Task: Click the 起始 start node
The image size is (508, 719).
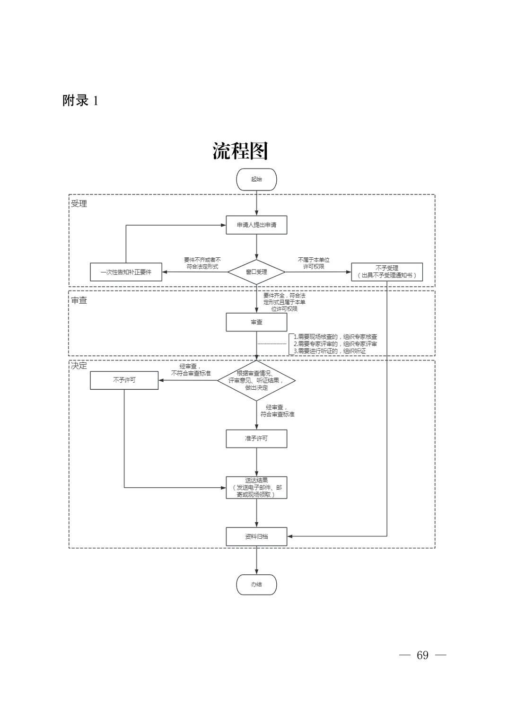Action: point(256,179)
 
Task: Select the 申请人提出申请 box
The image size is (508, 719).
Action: point(256,225)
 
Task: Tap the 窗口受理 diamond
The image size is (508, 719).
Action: point(256,272)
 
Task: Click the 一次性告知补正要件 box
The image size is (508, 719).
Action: point(126,272)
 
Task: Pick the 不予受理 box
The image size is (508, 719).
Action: point(386,272)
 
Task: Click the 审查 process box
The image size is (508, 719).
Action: point(256,322)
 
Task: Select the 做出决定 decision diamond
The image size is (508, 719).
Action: point(256,380)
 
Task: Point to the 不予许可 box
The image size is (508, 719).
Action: point(124,380)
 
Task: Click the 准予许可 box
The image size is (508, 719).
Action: point(256,438)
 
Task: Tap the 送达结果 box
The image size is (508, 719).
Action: point(256,488)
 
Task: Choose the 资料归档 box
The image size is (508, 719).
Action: point(256,536)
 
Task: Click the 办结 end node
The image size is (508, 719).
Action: point(256,585)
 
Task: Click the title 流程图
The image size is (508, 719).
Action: point(240,151)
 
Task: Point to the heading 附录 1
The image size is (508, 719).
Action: point(80,101)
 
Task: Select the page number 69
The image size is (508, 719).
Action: point(422,655)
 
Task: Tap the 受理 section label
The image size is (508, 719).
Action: point(79,204)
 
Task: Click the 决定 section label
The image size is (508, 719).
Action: point(79,366)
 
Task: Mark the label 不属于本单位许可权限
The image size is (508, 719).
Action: point(314,263)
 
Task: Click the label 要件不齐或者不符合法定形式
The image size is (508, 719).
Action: point(202,263)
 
